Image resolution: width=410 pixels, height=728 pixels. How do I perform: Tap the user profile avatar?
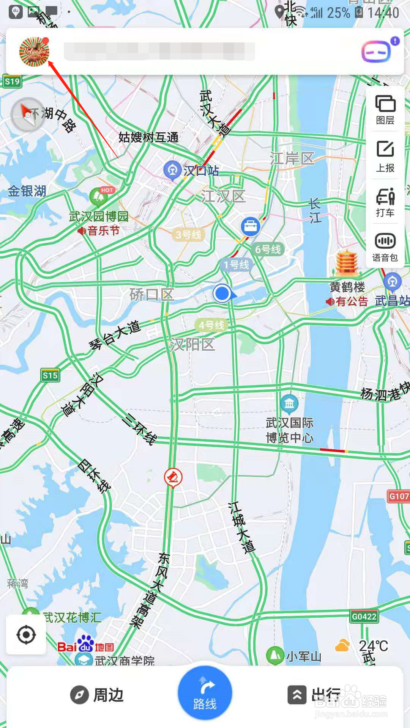coord(34,52)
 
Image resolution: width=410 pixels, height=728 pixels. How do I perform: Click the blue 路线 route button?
coord(205,693)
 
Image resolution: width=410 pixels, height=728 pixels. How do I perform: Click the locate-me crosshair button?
coord(26,635)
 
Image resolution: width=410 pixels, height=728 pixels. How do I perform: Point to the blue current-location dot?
coord(222,293)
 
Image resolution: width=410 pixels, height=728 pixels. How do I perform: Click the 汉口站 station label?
coord(201,171)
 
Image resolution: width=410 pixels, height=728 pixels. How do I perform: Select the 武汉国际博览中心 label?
coord(289,430)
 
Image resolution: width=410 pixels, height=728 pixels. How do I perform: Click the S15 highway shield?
coord(50,376)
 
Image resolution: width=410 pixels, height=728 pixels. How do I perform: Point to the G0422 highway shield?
coord(364,617)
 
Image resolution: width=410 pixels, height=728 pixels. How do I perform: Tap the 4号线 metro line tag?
coord(211,325)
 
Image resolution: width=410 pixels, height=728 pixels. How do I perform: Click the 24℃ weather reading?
coord(374,646)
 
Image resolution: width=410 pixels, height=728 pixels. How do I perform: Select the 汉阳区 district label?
coord(192,345)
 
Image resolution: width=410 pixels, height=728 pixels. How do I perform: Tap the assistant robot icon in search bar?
coord(376,51)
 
